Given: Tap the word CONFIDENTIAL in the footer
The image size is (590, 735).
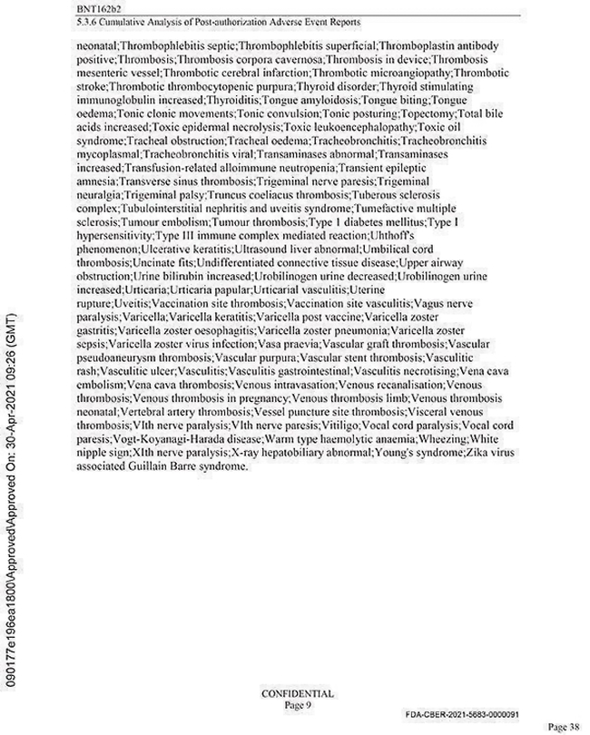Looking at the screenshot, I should coord(297,693).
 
